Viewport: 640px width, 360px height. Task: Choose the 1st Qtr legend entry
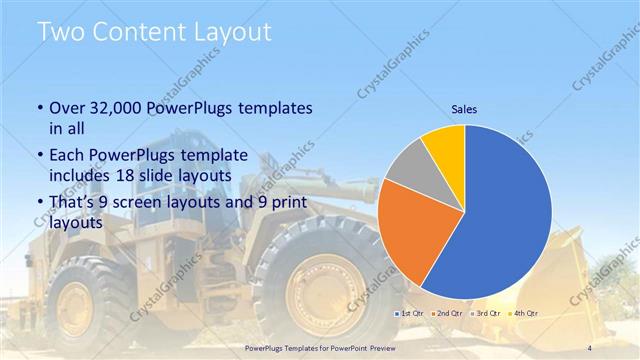(x=412, y=314)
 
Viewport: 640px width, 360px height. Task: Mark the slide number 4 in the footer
(x=588, y=347)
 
